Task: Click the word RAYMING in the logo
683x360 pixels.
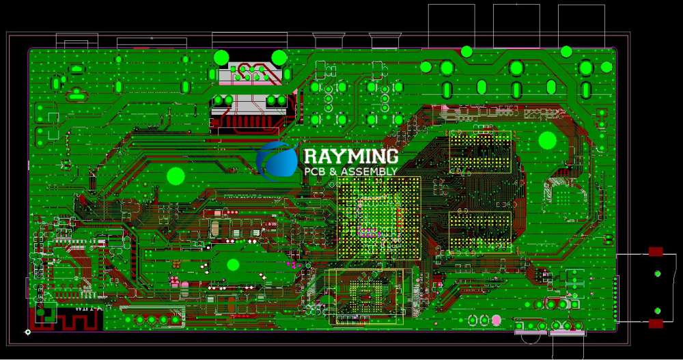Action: click(350, 156)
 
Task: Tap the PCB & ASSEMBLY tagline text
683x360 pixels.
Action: click(350, 171)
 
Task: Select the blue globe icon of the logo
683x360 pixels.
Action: click(277, 161)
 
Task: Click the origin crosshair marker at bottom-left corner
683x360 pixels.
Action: click(27, 332)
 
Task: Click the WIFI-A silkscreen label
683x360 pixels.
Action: click(89, 308)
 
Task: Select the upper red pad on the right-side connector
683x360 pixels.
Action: click(656, 251)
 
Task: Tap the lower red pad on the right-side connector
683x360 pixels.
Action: click(656, 323)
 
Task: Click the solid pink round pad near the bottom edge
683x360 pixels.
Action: click(496, 320)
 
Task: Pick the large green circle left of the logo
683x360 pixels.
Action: click(176, 176)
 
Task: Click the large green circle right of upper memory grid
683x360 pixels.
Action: click(548, 140)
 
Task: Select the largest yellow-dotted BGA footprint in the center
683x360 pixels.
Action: click(379, 218)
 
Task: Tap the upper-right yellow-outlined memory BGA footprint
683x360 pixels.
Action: click(479, 152)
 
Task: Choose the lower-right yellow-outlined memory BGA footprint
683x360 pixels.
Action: click(479, 231)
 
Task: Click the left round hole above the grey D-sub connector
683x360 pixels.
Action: click(221, 57)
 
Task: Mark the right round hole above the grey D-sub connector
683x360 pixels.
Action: click(279, 57)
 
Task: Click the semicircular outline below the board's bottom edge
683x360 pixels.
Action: click(530, 337)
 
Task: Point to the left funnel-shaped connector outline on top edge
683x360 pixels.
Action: click(327, 41)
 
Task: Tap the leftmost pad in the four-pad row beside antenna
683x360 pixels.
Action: click(140, 320)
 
